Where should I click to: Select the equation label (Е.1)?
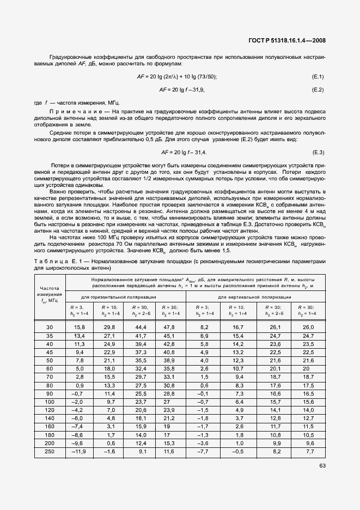coord(318,76)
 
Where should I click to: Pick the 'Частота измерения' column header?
coord(50,295)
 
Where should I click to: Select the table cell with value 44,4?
coord(141,327)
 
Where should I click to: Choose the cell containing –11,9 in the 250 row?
coord(79,452)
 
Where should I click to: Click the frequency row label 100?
coord(50,401)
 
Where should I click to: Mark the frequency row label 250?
coord(50,452)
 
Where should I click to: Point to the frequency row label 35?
coord(50,336)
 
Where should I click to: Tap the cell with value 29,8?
coord(109,327)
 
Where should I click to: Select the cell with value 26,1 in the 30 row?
coord(277,327)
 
